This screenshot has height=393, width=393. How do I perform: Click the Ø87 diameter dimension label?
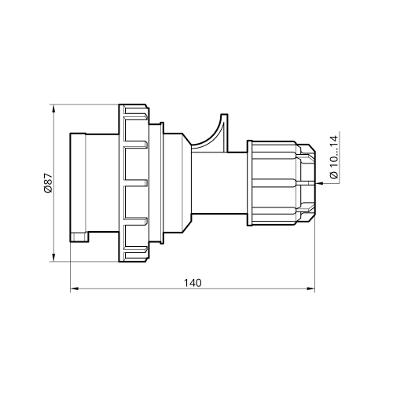tap(49, 182)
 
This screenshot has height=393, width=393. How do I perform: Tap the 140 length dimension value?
tap(193, 283)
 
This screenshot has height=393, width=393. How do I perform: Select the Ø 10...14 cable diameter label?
tap(334, 157)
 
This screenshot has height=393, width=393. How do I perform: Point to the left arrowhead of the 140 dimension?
tap(75, 288)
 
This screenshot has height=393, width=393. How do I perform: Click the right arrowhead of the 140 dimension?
tap(310, 288)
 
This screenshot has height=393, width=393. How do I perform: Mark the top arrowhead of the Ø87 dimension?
tap(53, 108)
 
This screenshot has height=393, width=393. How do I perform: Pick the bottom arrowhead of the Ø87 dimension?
tap(53, 257)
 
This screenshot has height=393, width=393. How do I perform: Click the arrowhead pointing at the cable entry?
tap(319, 183)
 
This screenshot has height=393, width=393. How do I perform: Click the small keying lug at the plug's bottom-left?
tap(79, 237)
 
